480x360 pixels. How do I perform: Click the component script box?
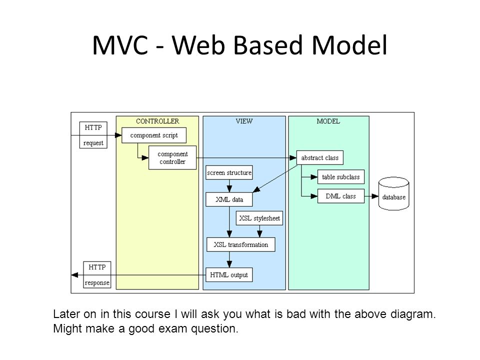click(x=154, y=135)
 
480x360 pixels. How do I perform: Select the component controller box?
click(x=172, y=157)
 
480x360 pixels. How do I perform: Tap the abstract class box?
click(x=320, y=157)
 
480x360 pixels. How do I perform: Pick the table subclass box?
click(x=340, y=177)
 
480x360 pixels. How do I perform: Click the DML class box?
click(x=340, y=196)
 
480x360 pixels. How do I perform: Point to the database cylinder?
click(x=393, y=193)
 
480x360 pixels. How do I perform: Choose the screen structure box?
click(x=229, y=172)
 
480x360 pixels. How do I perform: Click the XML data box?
click(x=229, y=199)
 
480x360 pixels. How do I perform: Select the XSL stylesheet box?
click(x=259, y=218)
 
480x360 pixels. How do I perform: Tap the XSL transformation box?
click(x=241, y=244)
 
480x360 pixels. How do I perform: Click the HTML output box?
click(x=229, y=275)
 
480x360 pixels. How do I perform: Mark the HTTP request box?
click(x=93, y=135)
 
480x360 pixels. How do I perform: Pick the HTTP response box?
click(x=97, y=274)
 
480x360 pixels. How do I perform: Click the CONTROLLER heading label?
click(x=157, y=121)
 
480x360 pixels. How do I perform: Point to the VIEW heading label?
click(x=244, y=121)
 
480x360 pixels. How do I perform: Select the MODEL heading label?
click(x=328, y=121)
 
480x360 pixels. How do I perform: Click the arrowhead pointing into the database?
click(x=375, y=196)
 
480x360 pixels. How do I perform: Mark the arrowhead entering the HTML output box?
click(x=229, y=264)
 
